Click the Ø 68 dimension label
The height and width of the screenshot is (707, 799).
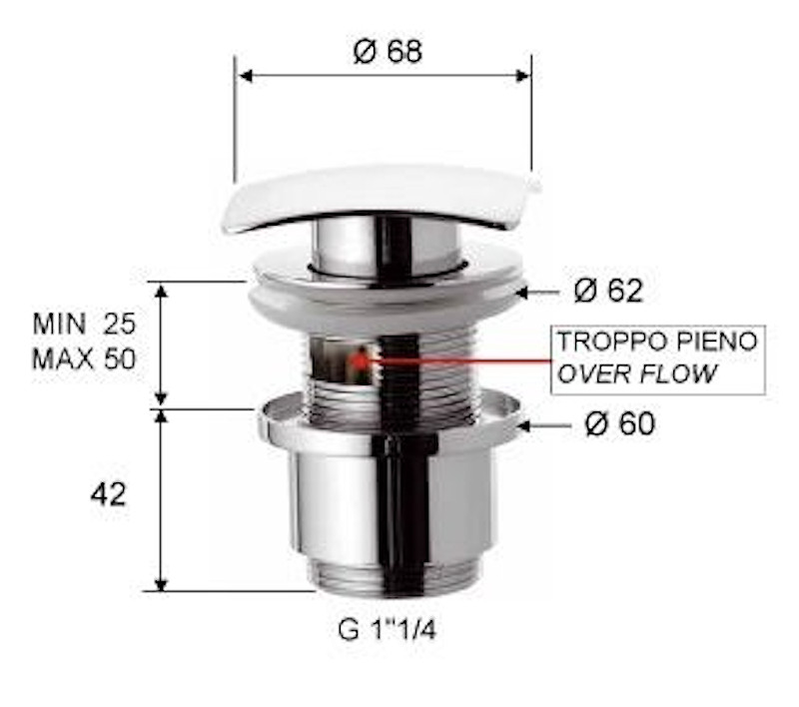(x=388, y=51)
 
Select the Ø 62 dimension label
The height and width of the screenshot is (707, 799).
(x=609, y=291)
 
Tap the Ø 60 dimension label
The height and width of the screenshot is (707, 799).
(x=619, y=423)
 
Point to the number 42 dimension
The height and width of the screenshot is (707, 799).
(x=108, y=494)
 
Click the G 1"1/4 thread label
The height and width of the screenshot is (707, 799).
(x=387, y=630)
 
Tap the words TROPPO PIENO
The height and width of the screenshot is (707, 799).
(x=657, y=342)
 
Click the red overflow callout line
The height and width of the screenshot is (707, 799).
(x=459, y=358)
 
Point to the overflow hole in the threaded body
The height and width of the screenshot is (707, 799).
(x=345, y=359)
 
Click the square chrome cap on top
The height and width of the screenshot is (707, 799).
(x=380, y=195)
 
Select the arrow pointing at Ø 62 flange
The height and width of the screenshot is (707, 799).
(x=540, y=292)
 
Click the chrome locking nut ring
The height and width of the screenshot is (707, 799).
(x=390, y=419)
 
